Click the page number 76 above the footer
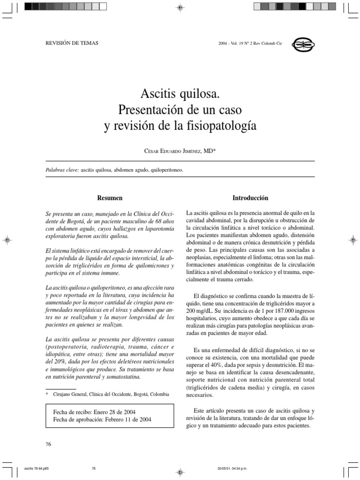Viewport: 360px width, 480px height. pos(48,444)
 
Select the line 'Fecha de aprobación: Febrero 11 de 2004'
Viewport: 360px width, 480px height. pos(103,420)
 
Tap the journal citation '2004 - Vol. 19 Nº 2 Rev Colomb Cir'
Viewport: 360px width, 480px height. pos(250,43)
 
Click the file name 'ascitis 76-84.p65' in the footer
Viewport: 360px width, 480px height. pos(36,468)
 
